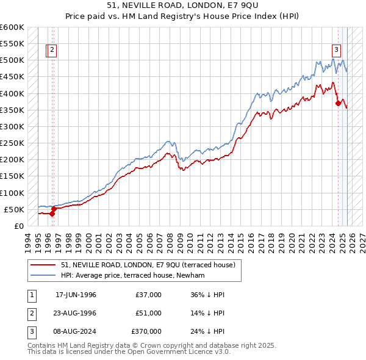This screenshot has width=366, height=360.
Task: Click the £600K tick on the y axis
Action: pos(12,27)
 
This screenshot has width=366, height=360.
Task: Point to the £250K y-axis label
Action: pos(12,143)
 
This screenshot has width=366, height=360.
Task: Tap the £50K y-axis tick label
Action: pos(15,209)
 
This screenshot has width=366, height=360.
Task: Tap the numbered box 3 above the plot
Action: pos(336,51)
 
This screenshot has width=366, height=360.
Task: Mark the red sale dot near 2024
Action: pos(338,104)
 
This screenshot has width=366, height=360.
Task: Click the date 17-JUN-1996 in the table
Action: pos(76,295)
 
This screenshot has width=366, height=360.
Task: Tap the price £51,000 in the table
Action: pos(148,313)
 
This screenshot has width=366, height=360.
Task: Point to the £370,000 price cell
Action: pos(146,331)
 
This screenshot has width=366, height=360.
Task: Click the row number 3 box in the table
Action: pos(31,331)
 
